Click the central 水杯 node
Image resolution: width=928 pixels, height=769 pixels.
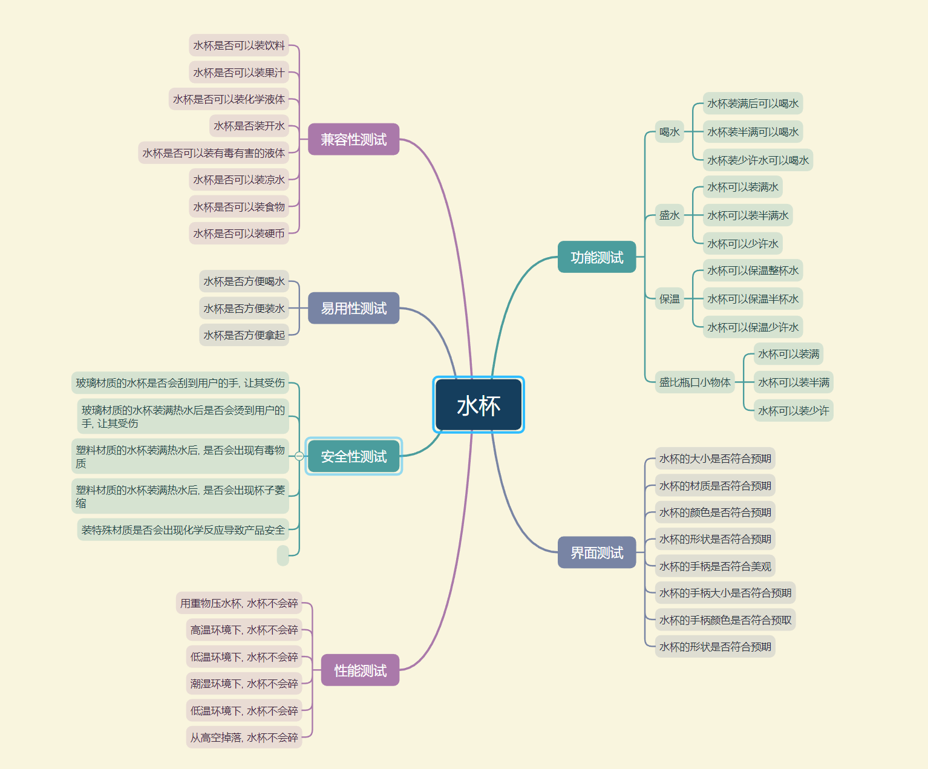click(479, 405)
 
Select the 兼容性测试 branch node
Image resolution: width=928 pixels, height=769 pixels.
click(353, 139)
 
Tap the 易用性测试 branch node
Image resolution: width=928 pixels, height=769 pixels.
click(353, 308)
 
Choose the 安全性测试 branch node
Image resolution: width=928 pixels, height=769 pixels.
click(353, 456)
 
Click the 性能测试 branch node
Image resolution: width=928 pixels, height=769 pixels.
click(360, 670)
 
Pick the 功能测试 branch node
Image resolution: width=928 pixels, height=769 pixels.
click(596, 257)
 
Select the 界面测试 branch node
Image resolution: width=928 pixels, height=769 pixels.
click(596, 552)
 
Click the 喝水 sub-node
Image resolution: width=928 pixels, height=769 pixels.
click(669, 132)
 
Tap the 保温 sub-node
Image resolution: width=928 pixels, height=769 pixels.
click(669, 299)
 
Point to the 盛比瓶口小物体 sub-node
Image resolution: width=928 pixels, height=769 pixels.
click(694, 382)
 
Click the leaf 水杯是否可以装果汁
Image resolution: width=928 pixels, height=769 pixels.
click(238, 73)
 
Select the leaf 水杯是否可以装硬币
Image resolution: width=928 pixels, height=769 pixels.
click(238, 234)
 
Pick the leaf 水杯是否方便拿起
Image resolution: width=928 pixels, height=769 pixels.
click(244, 335)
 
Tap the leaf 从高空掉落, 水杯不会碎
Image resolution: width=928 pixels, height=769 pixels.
click(244, 738)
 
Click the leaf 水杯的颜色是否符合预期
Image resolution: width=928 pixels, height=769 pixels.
click(715, 512)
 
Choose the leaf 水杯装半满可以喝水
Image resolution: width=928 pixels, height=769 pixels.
click(753, 132)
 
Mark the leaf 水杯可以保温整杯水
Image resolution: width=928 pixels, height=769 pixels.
click(753, 270)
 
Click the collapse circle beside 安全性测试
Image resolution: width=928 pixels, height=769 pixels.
click(299, 456)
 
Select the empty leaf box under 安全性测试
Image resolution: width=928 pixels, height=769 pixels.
click(283, 555)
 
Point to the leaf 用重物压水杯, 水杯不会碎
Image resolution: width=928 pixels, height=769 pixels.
click(239, 603)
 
